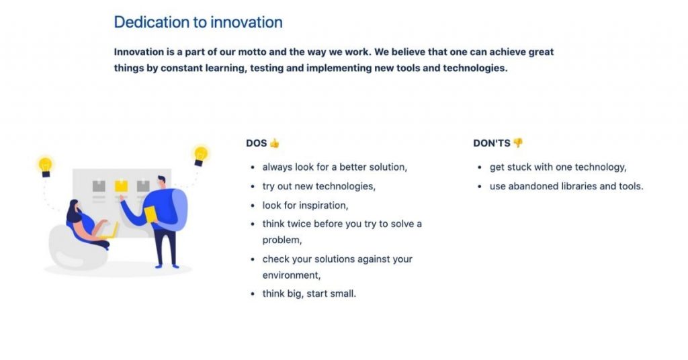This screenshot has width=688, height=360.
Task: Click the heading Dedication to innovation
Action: coord(198,22)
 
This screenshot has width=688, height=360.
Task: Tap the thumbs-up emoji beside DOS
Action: coord(275,143)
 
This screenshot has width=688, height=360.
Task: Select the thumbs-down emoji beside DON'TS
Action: coord(518,143)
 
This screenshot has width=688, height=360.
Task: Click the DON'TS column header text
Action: coord(491,143)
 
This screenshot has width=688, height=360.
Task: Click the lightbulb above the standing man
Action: coord(200,156)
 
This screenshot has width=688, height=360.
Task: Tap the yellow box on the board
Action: coord(121,186)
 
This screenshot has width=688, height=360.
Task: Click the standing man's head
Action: coord(161,181)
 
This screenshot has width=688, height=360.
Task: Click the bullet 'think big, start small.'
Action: coord(309,294)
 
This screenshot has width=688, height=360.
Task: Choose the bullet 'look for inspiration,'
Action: coord(305,206)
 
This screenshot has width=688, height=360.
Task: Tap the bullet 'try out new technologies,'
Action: coord(319,186)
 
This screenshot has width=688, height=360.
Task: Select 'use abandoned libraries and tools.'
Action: coord(566,186)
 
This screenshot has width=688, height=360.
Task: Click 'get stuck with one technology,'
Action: coord(558,167)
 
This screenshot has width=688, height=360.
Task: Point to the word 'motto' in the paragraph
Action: coord(252,52)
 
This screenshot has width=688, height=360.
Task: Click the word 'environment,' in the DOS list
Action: coord(292,275)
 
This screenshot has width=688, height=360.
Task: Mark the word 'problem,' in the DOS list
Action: coord(282,240)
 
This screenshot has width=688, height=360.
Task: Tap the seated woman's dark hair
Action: coord(73,212)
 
